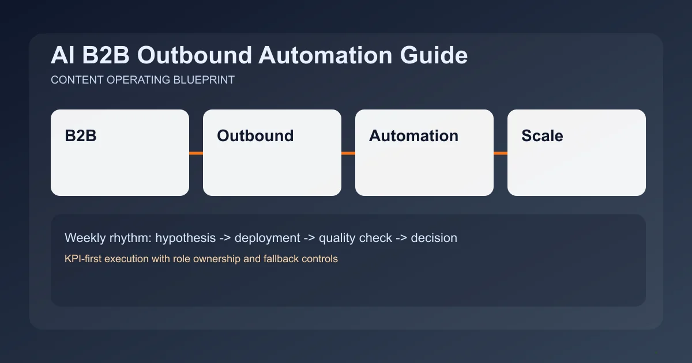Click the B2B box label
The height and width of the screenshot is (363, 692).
point(81,136)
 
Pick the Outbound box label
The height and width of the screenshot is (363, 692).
point(255,136)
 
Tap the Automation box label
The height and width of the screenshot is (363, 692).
point(413,136)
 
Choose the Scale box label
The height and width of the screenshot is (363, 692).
point(542,136)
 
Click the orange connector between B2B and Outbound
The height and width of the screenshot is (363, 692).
point(196,153)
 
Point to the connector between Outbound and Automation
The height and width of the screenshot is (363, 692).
point(348,153)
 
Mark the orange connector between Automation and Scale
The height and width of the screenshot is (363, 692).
point(501,153)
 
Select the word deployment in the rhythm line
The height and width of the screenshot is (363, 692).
point(267,237)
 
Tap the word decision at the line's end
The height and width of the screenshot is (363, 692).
point(434,237)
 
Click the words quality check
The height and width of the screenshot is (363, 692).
point(355,237)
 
